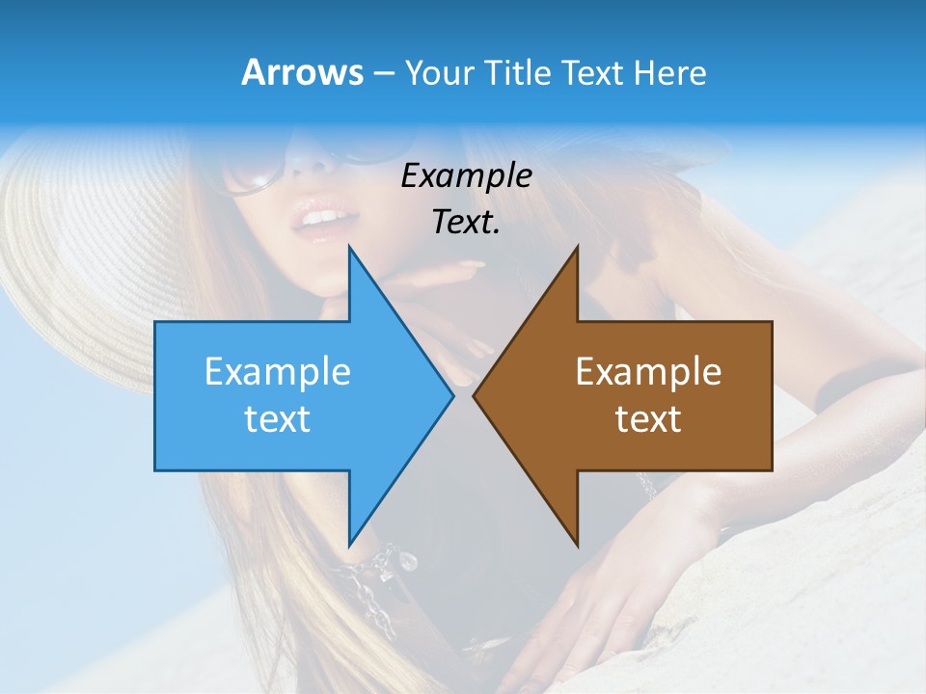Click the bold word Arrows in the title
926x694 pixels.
pos(302,73)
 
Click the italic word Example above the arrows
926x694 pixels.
pos(466,176)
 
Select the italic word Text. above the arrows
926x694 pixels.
pos(466,222)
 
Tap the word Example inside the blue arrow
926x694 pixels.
pos(277,372)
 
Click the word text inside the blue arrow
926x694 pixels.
pos(277,419)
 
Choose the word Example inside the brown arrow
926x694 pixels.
pos(648,372)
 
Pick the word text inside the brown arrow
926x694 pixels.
pos(648,419)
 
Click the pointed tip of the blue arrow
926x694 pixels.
pos(451,395)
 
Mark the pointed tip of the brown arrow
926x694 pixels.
pos(475,395)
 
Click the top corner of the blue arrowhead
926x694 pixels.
pos(349,248)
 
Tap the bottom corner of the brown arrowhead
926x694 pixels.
pos(577,545)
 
